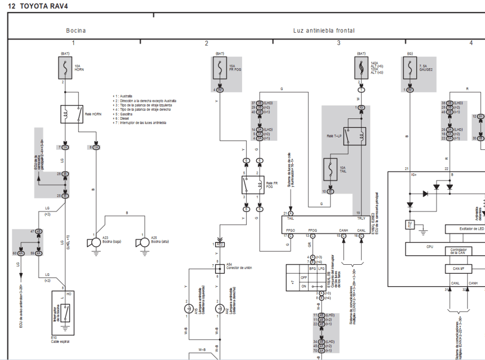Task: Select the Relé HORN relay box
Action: click(72, 114)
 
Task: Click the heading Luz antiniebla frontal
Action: click(323, 31)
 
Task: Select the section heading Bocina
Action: click(76, 31)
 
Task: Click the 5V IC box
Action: click(409, 224)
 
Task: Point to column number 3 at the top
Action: click(339, 43)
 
